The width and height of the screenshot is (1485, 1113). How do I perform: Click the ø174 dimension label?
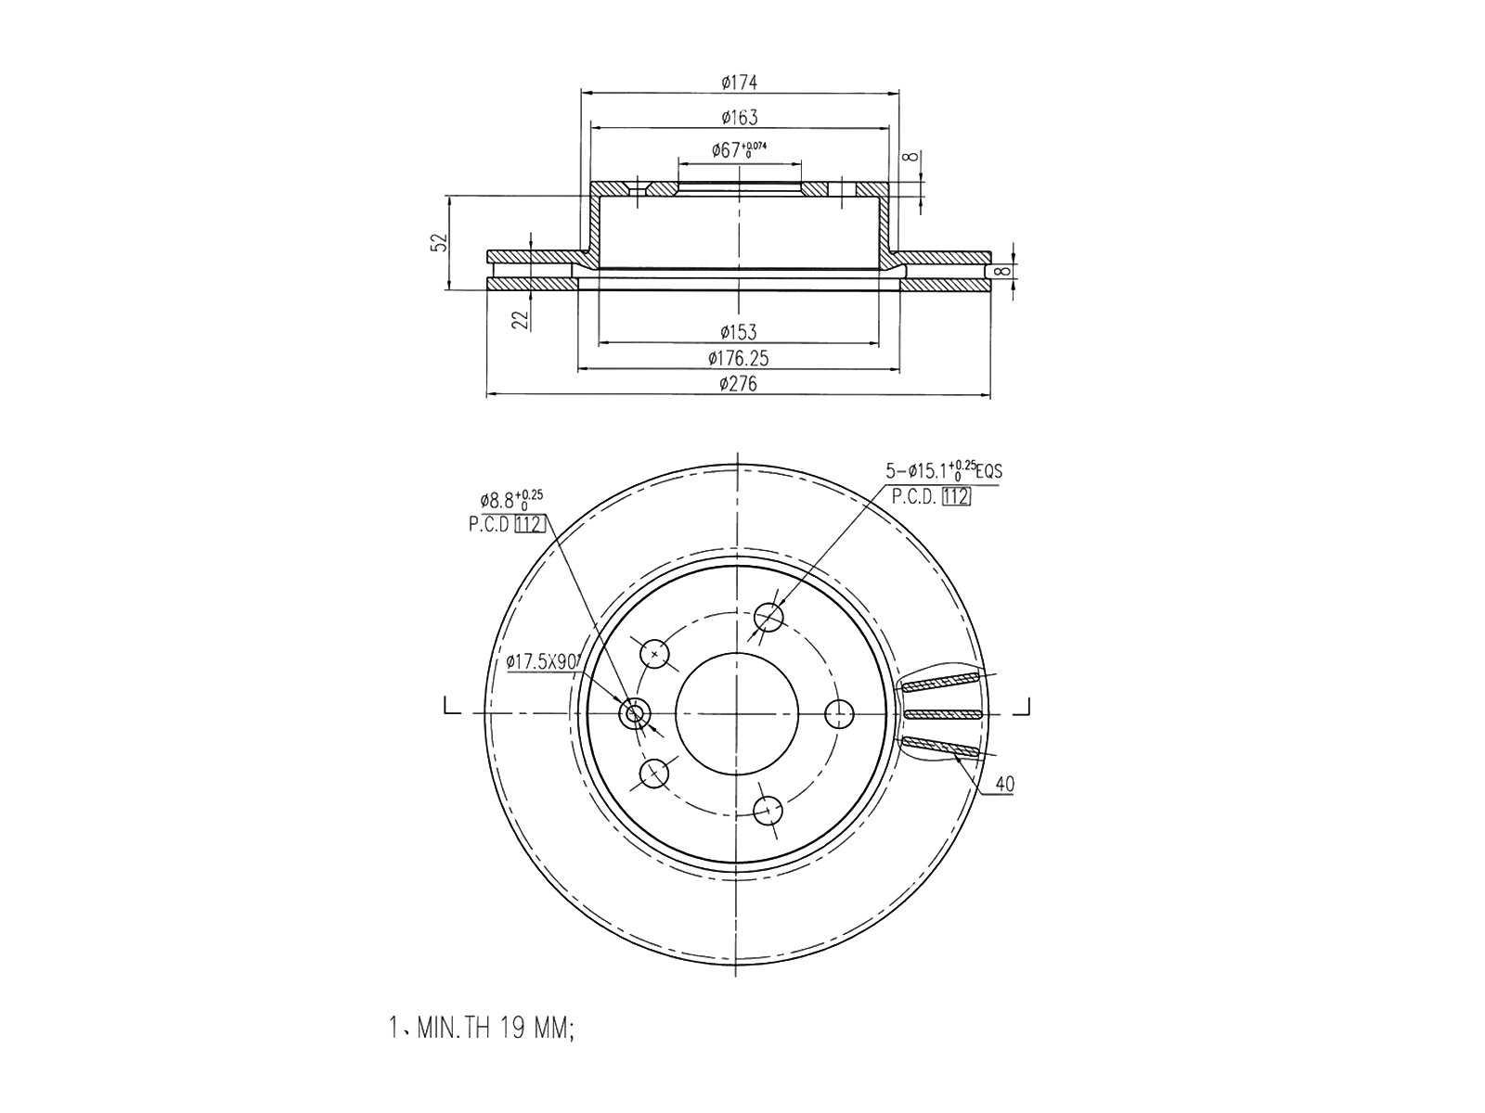point(739,83)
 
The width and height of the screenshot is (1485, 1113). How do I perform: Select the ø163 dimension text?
point(739,118)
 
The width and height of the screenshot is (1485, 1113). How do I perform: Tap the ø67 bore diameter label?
point(739,149)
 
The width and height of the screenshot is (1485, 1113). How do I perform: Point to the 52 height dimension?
point(441,242)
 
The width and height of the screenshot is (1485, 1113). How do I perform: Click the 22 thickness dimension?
point(520,319)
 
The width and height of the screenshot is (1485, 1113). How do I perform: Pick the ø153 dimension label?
point(738,332)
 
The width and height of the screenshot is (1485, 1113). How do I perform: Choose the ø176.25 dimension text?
point(738,358)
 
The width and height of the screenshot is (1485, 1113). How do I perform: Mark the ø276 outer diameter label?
point(738,384)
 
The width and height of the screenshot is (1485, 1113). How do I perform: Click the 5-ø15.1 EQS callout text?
point(944,469)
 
